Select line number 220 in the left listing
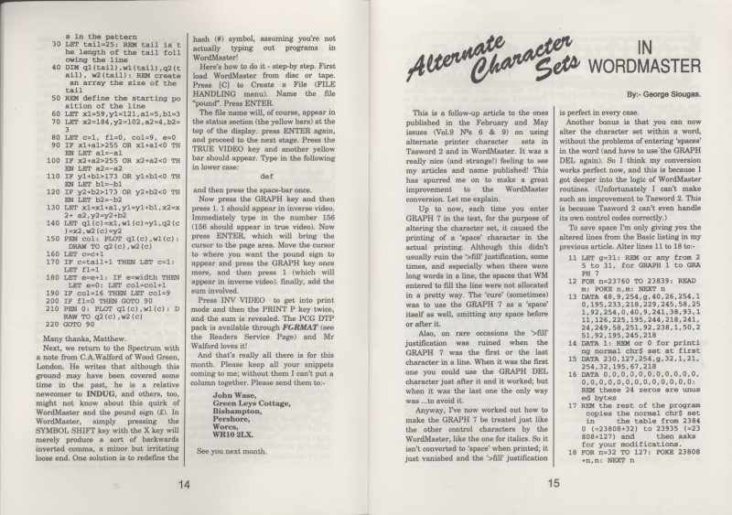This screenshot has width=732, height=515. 49,307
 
